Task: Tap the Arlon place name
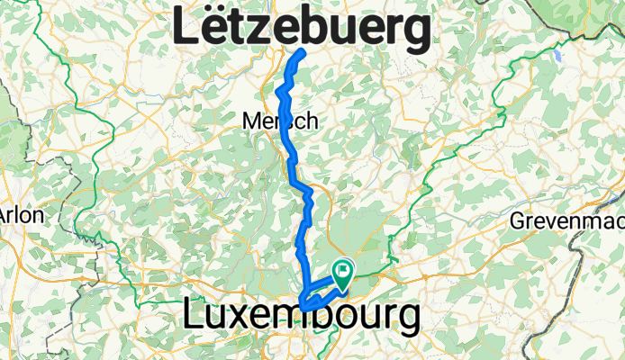(x=15, y=216)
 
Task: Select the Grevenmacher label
(x=567, y=220)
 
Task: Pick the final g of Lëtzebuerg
(x=412, y=34)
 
